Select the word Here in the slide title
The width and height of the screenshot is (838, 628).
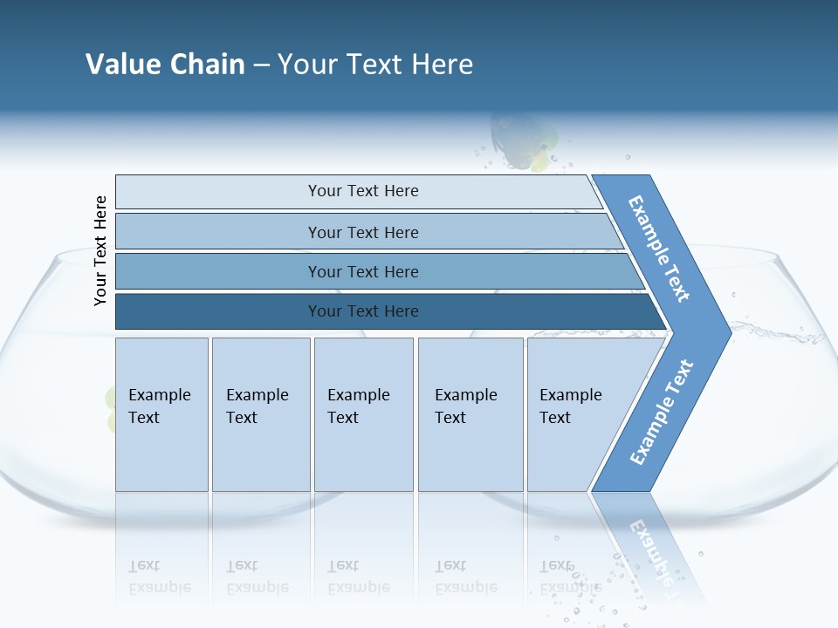[442, 64]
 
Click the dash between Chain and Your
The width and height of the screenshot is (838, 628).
[261, 65]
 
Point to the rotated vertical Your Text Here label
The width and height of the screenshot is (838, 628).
[100, 250]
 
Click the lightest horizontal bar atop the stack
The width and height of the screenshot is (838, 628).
[362, 191]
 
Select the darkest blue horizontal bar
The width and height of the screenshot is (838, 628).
[362, 311]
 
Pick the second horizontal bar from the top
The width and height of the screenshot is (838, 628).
[362, 232]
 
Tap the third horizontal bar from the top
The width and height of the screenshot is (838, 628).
[362, 271]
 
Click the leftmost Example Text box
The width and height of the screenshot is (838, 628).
[161, 414]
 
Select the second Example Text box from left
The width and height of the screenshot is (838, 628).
[260, 414]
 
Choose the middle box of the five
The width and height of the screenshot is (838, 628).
[363, 414]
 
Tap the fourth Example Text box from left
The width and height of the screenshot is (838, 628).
[471, 414]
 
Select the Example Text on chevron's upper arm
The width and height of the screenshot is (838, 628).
[659, 249]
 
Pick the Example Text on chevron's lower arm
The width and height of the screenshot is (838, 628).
[662, 413]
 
